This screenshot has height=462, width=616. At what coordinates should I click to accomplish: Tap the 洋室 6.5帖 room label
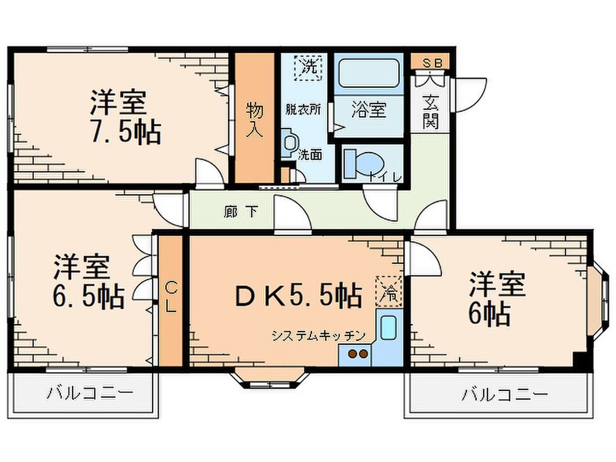pos(89,281)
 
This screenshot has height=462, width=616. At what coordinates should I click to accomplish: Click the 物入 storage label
pos(255,120)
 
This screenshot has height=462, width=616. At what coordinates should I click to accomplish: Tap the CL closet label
pos(170,297)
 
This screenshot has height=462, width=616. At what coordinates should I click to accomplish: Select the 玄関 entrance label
pos(430,111)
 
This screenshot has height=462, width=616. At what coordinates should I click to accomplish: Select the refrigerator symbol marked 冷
pos(389,291)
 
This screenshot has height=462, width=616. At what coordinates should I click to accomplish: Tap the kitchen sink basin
pos(389,327)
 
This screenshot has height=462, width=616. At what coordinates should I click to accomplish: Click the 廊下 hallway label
pos(241,212)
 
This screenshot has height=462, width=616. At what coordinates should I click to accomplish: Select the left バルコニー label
pos(89,393)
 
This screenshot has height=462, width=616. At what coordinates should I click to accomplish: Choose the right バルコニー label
pos(505,395)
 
